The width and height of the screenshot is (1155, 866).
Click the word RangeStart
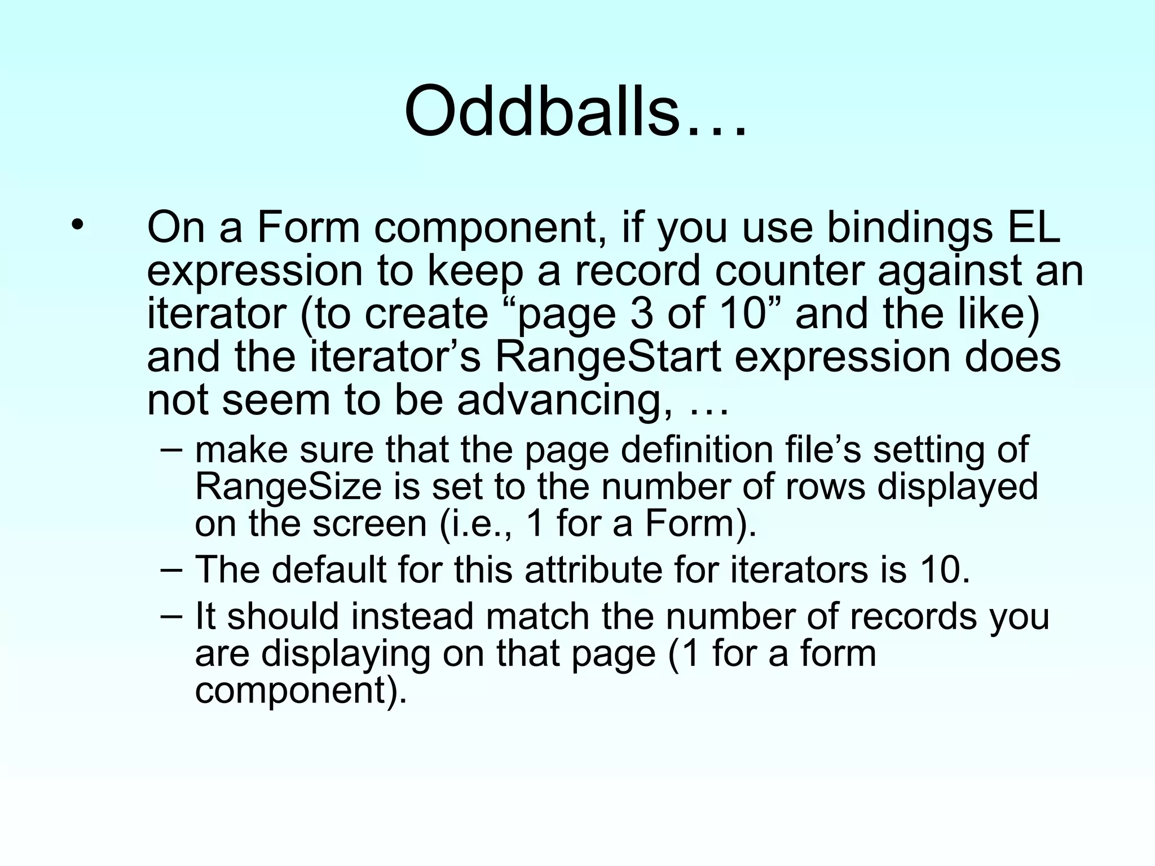click(x=608, y=357)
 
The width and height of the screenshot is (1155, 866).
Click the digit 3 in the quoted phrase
click(x=641, y=314)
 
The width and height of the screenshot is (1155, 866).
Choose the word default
click(x=329, y=569)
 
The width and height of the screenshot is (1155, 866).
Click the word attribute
click(x=593, y=570)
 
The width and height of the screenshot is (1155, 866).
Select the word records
click(x=913, y=616)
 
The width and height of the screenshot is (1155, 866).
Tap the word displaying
click(x=346, y=655)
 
